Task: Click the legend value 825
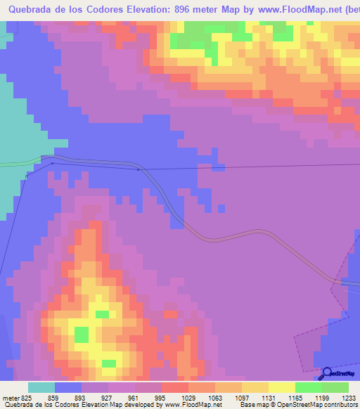(21, 396)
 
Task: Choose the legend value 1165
(283, 396)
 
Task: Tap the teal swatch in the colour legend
(41, 387)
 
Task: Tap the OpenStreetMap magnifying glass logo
(326, 374)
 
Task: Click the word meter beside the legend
(9, 396)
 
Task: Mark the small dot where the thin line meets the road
(138, 169)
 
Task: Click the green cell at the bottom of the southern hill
(109, 363)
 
